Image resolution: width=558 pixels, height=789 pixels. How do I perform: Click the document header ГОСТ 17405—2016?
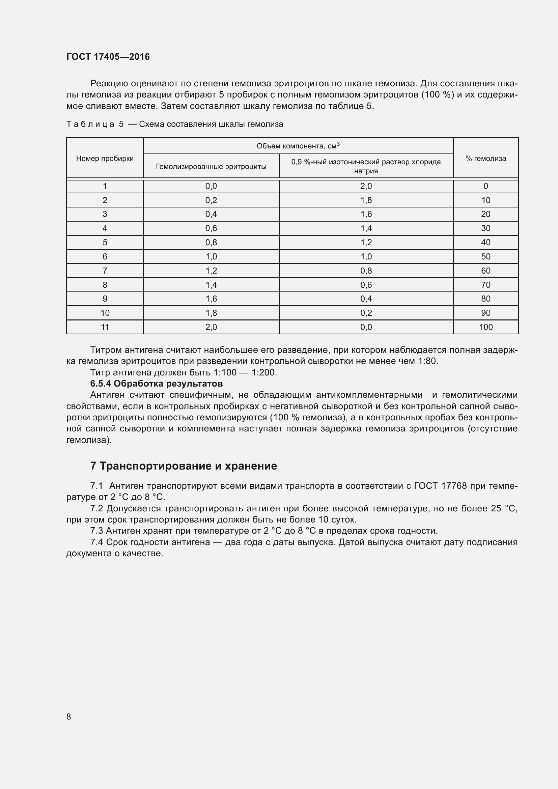tap(108, 57)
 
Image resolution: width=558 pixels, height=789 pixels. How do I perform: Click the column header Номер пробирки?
tap(105, 159)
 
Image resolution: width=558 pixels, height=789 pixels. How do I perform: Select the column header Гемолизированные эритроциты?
tap(211, 167)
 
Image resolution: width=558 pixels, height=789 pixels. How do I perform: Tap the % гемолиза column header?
tap(485, 159)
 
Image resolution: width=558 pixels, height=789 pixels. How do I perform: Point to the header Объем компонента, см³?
tap(298, 146)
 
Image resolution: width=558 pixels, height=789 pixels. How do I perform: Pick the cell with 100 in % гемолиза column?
tap(485, 327)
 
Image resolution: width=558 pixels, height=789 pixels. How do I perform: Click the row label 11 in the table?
tap(105, 327)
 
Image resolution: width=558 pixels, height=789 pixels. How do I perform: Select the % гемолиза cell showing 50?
tap(485, 257)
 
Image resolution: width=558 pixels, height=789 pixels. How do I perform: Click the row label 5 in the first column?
tap(105, 243)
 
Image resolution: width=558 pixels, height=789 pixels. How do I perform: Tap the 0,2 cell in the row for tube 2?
tap(211, 200)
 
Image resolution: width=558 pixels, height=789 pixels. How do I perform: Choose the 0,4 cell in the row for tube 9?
tap(366, 299)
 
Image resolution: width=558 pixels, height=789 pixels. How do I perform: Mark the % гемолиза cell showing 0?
tap(485, 186)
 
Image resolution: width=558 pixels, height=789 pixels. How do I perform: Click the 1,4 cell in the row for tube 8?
tap(211, 285)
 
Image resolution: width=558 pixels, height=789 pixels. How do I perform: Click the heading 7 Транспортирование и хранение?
tap(184, 466)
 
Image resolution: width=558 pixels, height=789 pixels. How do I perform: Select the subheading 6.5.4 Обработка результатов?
tap(156, 384)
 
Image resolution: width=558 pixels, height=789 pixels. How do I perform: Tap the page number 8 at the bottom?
tap(69, 716)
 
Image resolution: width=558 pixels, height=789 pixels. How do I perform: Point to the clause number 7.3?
tap(96, 531)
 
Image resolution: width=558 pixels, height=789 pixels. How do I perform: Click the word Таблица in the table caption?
tap(90, 124)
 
